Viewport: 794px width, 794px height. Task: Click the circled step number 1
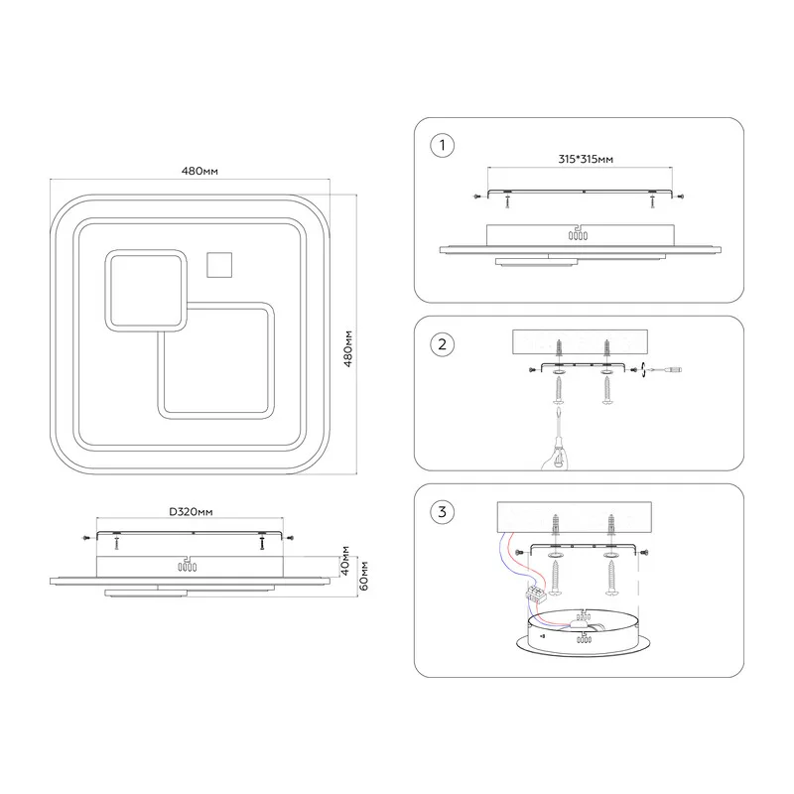point(442,145)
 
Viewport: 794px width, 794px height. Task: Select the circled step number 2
point(442,344)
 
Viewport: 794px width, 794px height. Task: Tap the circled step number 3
point(442,512)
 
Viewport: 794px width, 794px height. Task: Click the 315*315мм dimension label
point(586,159)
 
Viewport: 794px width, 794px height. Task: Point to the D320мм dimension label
point(191,512)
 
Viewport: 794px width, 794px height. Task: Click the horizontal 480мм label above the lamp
point(199,171)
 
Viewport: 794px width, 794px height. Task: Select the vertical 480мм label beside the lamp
point(348,348)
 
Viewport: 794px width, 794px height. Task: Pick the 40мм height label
point(344,561)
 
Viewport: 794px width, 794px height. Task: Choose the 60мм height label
point(363,576)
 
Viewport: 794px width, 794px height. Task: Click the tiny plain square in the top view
point(219,265)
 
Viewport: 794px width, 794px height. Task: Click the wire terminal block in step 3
point(536,593)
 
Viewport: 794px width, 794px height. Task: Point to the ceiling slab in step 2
point(580,342)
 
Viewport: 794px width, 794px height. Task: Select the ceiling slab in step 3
point(575,517)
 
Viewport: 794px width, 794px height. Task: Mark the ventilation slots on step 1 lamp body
point(578,235)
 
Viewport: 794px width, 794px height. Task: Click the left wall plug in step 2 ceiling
point(559,348)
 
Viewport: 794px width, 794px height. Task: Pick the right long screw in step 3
point(611,578)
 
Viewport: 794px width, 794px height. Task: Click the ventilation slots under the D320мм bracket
point(187,567)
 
